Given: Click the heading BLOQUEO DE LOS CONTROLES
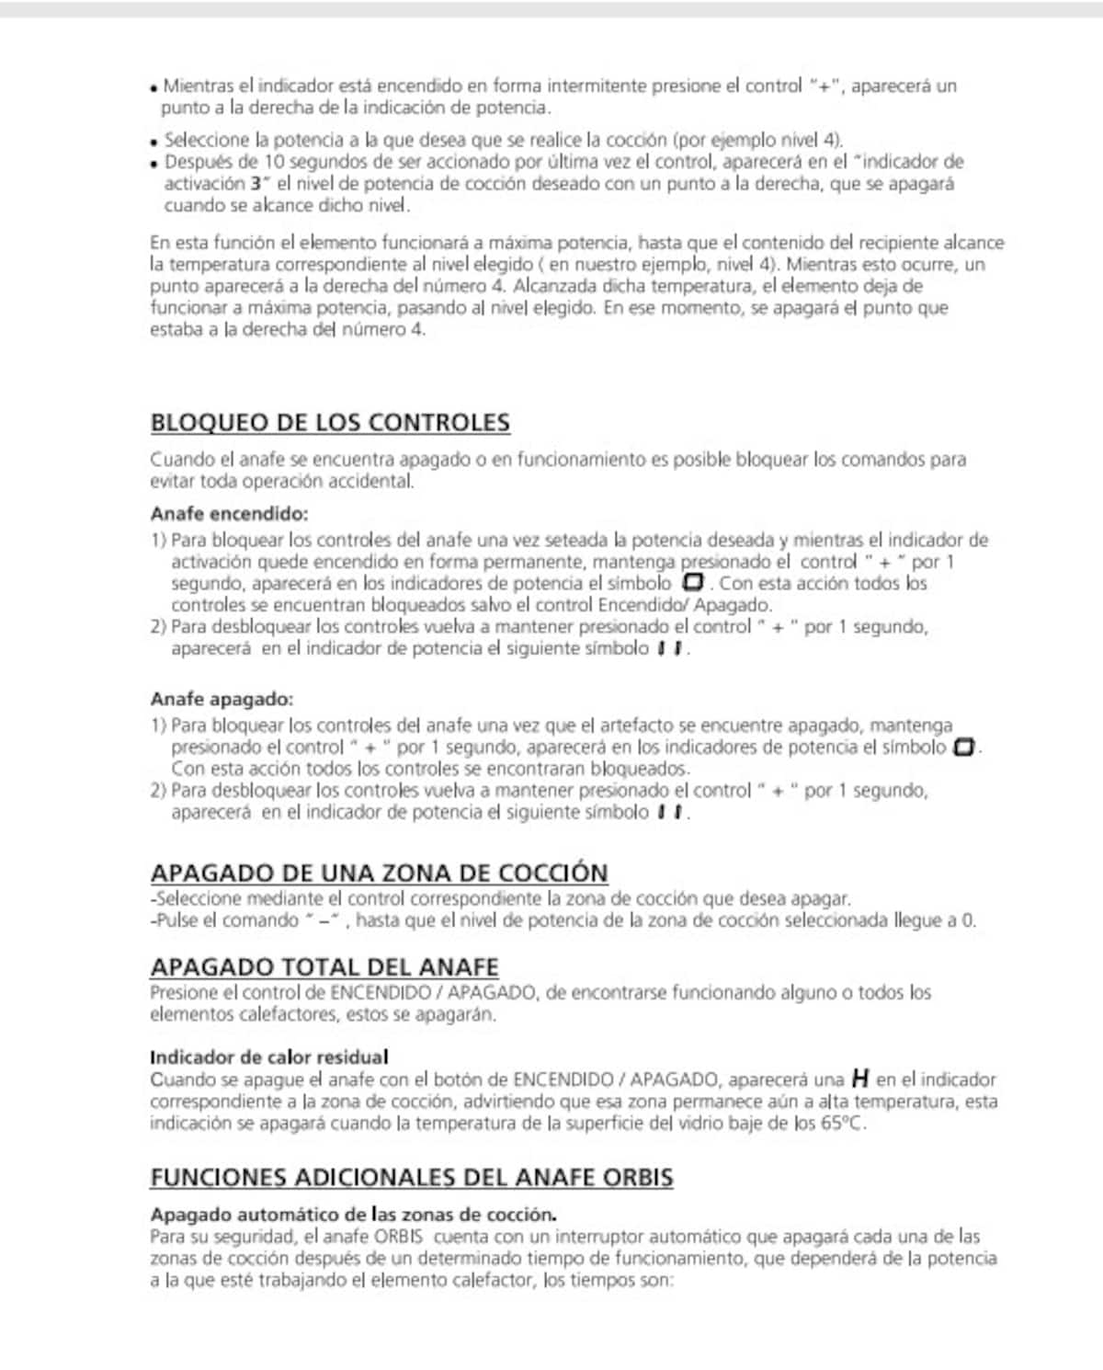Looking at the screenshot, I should point(330,423).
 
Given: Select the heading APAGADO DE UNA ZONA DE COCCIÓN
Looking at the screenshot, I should point(379,873).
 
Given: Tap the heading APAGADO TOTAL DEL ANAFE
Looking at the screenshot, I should point(324,967).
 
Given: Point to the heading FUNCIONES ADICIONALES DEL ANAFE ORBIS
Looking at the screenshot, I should point(411,1177).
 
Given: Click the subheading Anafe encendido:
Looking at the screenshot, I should point(229,513).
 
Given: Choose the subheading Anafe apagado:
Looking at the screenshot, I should point(222,699).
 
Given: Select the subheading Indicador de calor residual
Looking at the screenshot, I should point(268,1056).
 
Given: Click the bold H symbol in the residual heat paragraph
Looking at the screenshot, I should point(860,1078).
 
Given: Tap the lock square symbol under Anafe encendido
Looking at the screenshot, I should point(693,583).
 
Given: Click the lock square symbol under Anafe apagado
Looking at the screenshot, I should point(963,747).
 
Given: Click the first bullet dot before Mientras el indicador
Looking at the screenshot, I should point(154,89).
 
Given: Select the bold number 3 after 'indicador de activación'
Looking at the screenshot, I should point(255,183).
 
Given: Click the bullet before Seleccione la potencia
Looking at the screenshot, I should point(154,143).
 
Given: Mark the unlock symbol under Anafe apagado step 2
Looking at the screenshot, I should point(670,813).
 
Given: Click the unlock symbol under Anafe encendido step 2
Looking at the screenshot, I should point(670,649).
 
